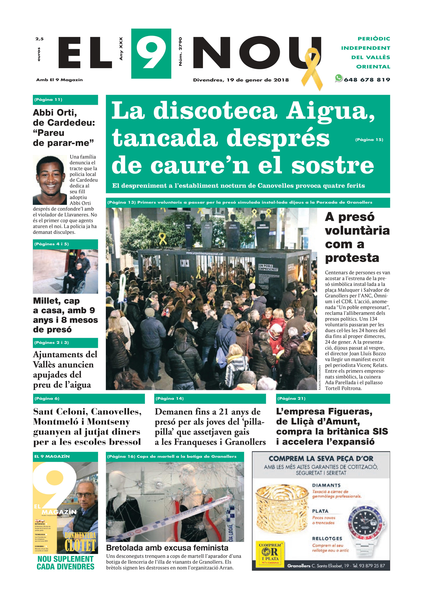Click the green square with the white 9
click(151, 54)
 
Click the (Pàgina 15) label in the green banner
click(369, 140)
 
